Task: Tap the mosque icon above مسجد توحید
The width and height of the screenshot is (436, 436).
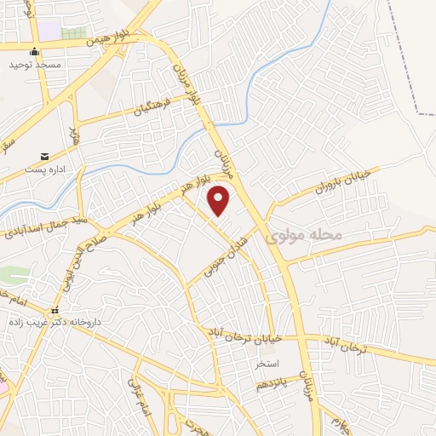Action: coord(34,51)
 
